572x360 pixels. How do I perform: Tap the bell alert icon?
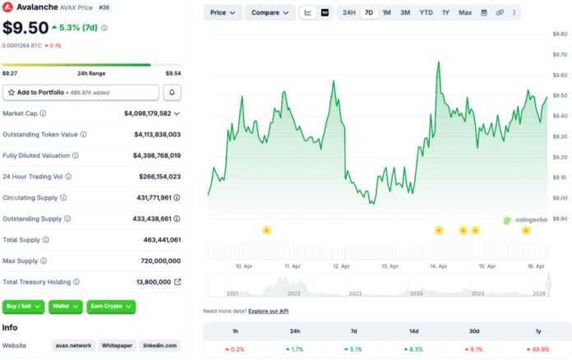(x=173, y=92)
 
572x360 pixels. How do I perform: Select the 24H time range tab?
(x=349, y=12)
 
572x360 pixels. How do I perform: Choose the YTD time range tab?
(x=426, y=12)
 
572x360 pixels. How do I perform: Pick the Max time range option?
(x=465, y=12)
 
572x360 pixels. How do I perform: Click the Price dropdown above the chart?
(x=223, y=12)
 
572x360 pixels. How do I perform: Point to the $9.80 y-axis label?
(x=560, y=34)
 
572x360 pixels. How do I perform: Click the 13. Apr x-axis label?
(x=390, y=266)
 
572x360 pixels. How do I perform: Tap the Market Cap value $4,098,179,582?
(x=148, y=113)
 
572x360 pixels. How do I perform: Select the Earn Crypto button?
(x=110, y=307)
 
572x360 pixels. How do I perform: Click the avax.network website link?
(x=73, y=346)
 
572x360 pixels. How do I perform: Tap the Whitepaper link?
(x=116, y=346)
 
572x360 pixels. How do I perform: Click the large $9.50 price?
(x=25, y=28)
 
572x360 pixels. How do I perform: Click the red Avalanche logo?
(x=7, y=7)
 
